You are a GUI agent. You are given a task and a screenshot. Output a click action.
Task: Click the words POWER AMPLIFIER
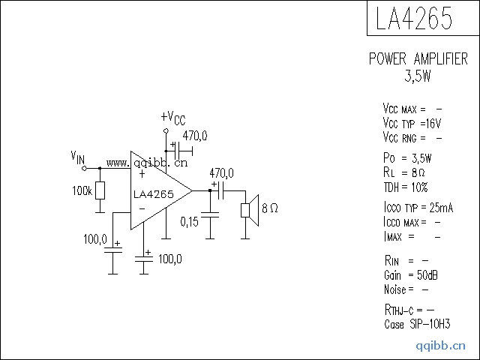(x=418, y=59)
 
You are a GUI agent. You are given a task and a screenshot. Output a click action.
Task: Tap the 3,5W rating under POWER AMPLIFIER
(x=418, y=76)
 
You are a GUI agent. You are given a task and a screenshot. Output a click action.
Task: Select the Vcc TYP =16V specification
(x=412, y=123)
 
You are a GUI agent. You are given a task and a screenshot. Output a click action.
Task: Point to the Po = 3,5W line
(x=406, y=158)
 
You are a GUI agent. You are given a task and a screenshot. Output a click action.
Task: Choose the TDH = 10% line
(x=405, y=187)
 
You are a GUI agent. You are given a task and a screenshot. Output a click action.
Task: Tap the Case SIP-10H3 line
(x=416, y=324)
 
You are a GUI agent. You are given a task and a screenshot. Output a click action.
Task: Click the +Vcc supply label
(x=172, y=118)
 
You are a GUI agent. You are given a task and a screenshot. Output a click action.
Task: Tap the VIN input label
(x=77, y=157)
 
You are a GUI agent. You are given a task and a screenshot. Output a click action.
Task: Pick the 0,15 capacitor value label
(x=190, y=221)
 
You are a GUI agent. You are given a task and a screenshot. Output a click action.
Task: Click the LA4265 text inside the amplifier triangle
(x=153, y=194)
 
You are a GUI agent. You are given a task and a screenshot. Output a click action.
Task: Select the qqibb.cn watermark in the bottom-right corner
(x=441, y=346)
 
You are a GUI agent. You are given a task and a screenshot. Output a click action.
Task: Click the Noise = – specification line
(x=406, y=289)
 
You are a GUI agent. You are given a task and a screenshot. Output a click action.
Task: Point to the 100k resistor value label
(x=82, y=191)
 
